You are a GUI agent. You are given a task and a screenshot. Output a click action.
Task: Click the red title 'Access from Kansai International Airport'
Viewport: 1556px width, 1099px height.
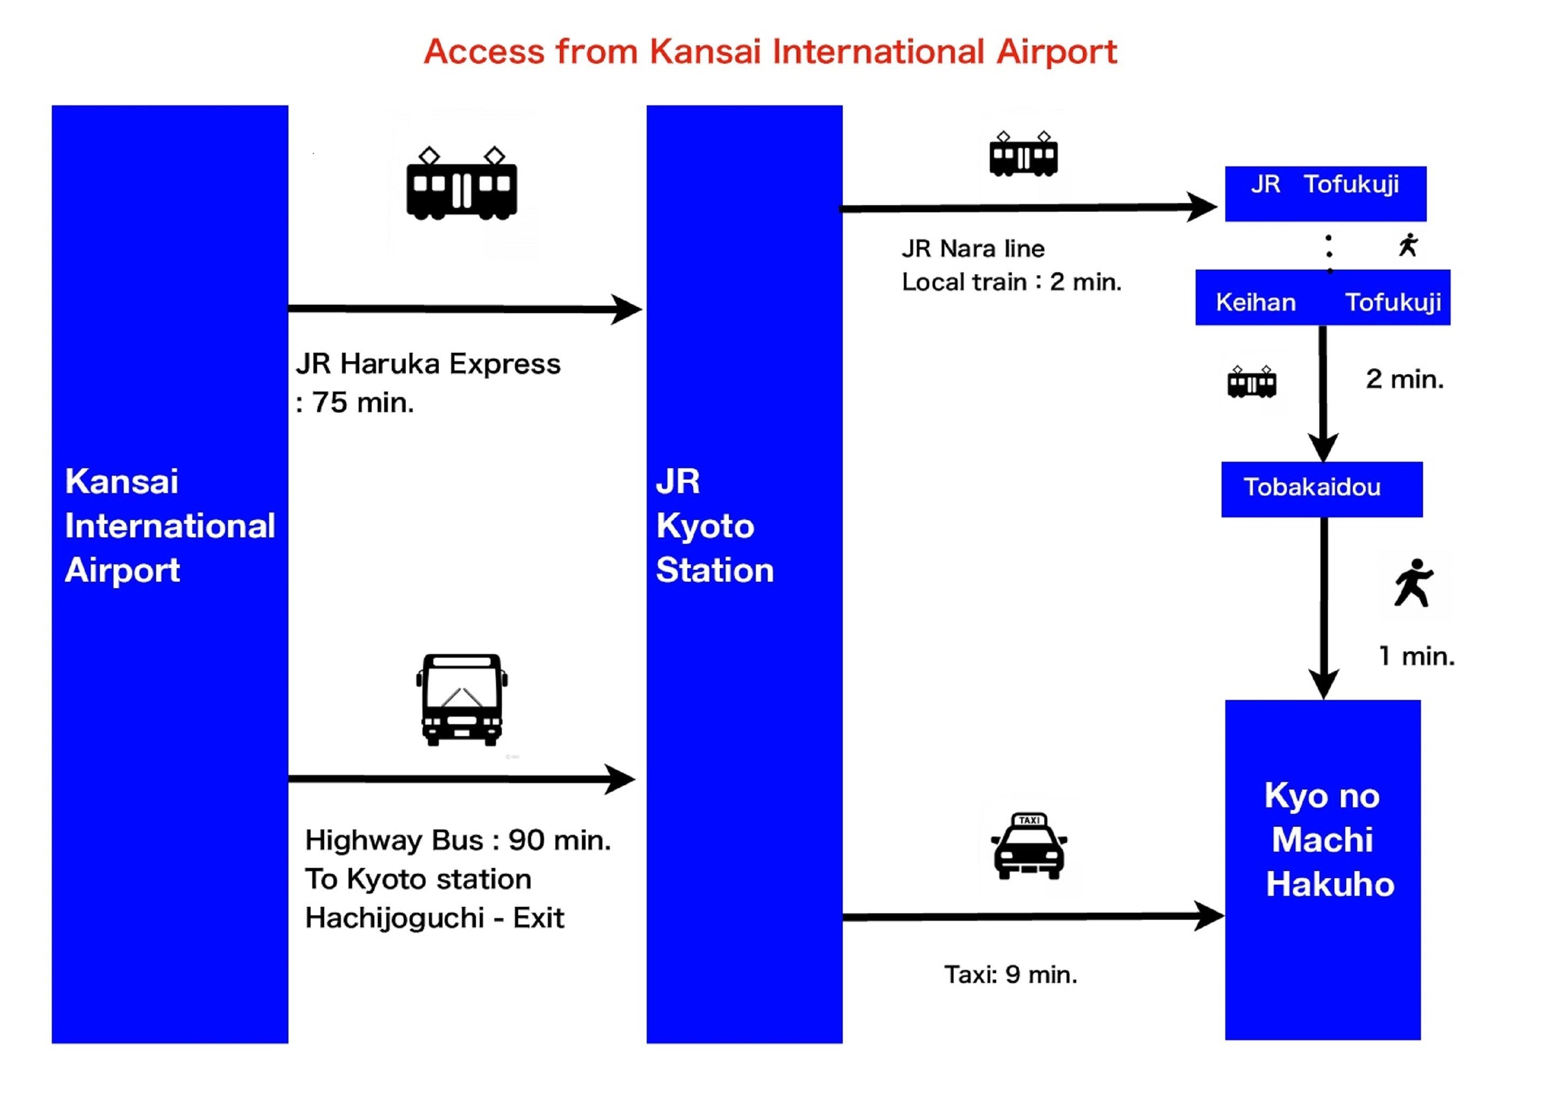(x=770, y=52)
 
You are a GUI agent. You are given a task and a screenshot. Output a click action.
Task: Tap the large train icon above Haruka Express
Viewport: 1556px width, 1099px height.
(x=461, y=184)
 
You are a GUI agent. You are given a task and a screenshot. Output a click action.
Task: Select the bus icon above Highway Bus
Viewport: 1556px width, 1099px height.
(x=461, y=699)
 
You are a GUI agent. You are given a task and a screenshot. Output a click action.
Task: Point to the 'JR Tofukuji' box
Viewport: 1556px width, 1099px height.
(x=1325, y=193)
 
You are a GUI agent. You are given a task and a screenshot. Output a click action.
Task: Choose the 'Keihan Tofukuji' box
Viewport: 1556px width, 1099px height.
(x=1322, y=298)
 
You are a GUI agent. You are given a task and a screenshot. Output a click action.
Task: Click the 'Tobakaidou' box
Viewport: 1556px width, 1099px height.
(x=1322, y=489)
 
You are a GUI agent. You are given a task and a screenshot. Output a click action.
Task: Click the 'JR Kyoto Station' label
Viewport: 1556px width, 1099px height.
(x=714, y=526)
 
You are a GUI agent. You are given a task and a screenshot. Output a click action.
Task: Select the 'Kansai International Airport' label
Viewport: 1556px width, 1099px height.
(x=170, y=526)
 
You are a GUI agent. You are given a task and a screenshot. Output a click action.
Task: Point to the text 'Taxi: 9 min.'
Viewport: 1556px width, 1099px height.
(x=1010, y=974)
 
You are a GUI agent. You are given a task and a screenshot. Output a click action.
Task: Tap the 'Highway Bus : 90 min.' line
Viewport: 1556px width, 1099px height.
(x=458, y=840)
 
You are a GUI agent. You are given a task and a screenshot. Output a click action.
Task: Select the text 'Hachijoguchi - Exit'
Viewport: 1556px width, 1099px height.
(x=434, y=918)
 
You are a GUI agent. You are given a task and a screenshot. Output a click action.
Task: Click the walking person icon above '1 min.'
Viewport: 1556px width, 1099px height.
(x=1414, y=583)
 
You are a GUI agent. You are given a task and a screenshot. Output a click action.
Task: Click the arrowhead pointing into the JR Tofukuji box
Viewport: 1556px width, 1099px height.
(x=1202, y=207)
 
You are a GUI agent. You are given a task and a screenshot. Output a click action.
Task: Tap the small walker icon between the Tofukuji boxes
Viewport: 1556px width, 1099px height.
(x=1409, y=245)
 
